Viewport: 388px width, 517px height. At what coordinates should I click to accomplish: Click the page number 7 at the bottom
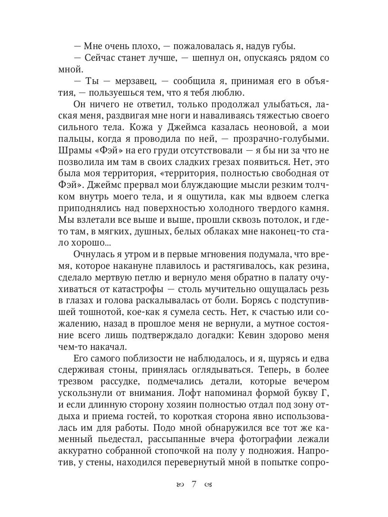(194, 484)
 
